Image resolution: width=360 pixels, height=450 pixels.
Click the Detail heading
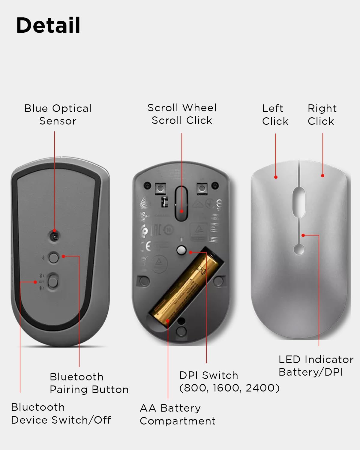click(48, 25)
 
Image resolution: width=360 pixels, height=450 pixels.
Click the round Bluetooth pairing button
click(54, 257)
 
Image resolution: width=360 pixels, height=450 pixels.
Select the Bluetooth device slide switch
click(53, 282)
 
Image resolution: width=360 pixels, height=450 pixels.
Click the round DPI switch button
click(181, 250)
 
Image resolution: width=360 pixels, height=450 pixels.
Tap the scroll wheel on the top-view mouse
click(299, 202)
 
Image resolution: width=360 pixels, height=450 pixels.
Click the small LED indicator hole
click(299, 249)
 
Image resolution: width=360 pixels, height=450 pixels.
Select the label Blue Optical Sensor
click(58, 115)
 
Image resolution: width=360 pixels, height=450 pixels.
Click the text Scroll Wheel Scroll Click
click(182, 114)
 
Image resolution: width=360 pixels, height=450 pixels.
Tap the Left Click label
click(275, 115)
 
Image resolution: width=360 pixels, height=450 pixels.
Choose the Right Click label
click(322, 115)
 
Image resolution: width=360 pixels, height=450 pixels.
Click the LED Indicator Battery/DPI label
click(316, 365)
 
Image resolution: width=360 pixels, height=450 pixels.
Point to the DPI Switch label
click(229, 381)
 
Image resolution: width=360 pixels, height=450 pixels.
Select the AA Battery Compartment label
click(178, 414)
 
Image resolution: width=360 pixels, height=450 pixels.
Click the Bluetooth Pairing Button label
click(89, 383)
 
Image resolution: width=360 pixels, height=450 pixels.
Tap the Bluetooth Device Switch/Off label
click(61, 413)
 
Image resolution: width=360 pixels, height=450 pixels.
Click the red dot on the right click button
click(322, 175)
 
